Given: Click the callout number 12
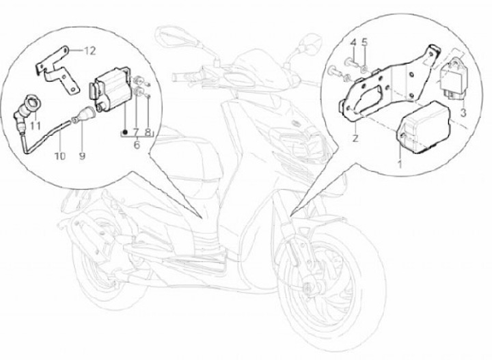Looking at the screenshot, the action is click(x=90, y=51).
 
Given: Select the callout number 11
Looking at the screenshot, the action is click(x=36, y=126).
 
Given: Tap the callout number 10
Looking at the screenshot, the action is click(x=60, y=156).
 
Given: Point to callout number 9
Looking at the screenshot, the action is click(x=82, y=156).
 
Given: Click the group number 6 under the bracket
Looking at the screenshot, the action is click(x=137, y=145).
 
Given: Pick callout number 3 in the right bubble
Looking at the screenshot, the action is click(x=463, y=113).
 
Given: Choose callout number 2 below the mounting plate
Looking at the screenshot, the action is click(x=355, y=138).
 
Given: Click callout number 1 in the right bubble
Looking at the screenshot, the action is click(x=400, y=163).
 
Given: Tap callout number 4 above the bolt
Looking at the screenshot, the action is click(x=353, y=42).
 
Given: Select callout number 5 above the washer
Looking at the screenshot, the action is click(x=364, y=42).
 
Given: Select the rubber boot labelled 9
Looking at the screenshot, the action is click(x=85, y=115).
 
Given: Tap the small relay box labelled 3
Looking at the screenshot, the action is click(x=454, y=79).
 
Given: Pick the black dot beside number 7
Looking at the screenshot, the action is click(x=125, y=133).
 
